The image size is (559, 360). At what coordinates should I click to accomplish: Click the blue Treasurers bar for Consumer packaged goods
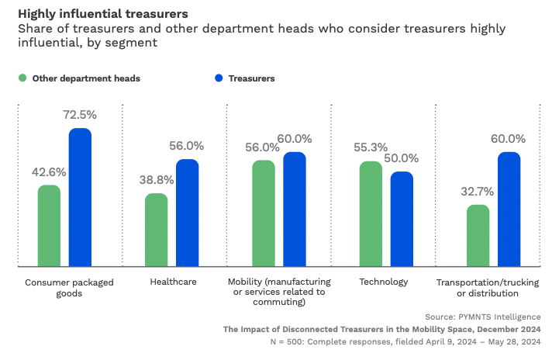pos(80,198)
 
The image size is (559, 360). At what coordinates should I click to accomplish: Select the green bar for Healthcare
pos(157,230)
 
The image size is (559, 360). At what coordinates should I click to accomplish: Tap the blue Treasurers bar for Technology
pos(402,220)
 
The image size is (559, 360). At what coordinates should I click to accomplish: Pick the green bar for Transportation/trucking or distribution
pos(478,236)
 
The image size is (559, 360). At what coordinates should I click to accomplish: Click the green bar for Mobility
pos(264,213)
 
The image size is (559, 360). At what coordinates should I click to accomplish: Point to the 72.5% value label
pos(80,115)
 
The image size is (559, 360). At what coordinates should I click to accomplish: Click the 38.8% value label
pos(157,179)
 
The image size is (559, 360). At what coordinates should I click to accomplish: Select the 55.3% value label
pos(371,147)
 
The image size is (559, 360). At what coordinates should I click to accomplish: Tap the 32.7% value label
pos(478,191)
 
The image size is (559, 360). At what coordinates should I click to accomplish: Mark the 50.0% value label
pos(402,157)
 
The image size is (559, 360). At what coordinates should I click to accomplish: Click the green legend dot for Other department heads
pos(22,78)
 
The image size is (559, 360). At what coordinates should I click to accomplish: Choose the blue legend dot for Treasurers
pos(219,78)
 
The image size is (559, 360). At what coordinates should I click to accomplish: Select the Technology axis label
pos(383,282)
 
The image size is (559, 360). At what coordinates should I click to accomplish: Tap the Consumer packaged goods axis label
pos(70,287)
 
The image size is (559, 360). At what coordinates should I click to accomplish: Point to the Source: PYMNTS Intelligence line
pos(482,317)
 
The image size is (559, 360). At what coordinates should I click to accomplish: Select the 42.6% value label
pos(49,171)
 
